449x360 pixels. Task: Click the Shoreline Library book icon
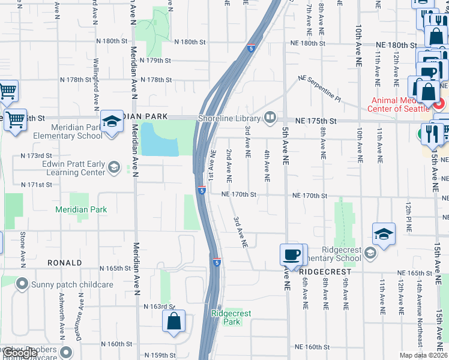click(x=271, y=117)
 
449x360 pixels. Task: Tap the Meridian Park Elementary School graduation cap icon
click(x=112, y=123)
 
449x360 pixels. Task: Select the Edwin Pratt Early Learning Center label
click(x=70, y=169)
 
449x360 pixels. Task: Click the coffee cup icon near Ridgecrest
click(x=292, y=255)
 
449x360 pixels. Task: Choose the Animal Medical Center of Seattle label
click(x=401, y=105)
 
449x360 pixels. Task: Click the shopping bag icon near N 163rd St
click(x=173, y=321)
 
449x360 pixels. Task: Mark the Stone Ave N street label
click(x=22, y=250)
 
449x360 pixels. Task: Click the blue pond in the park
click(x=160, y=140)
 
